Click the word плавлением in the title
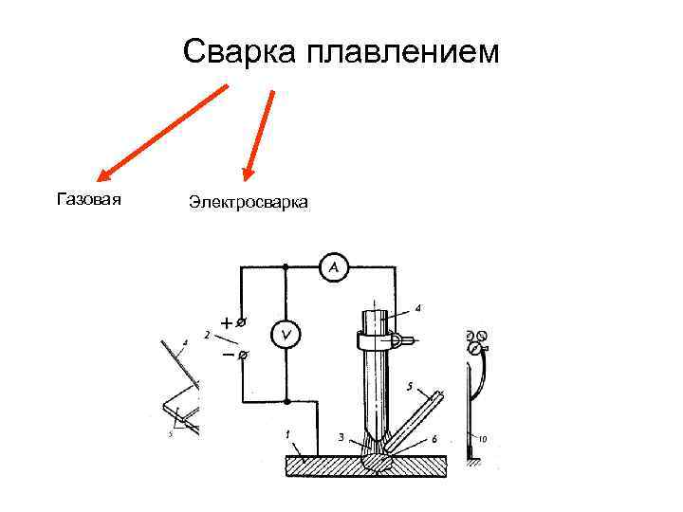[x=400, y=53]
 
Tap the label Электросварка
[x=248, y=202]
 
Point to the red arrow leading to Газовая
[x=161, y=132]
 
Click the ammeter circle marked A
[x=333, y=269]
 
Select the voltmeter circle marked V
[x=286, y=334]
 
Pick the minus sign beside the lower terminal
[x=227, y=356]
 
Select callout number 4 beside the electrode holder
[x=418, y=307]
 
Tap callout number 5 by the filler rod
[x=408, y=387]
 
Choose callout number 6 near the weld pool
[x=434, y=439]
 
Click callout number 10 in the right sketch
[x=483, y=438]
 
